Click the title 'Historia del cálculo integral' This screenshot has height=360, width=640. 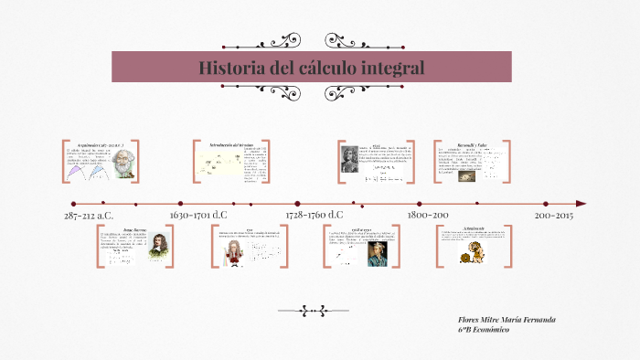point(312,69)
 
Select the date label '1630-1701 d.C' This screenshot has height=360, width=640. point(198,216)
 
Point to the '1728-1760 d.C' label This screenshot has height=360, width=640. point(314,216)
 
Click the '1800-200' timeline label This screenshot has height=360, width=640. point(427,216)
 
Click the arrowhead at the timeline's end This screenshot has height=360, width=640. point(581,204)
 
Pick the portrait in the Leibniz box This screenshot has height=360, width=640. point(351,158)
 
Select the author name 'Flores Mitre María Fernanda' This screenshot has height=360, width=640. point(506,319)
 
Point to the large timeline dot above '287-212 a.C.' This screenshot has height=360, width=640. point(73,204)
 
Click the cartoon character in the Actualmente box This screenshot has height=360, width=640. point(475,250)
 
